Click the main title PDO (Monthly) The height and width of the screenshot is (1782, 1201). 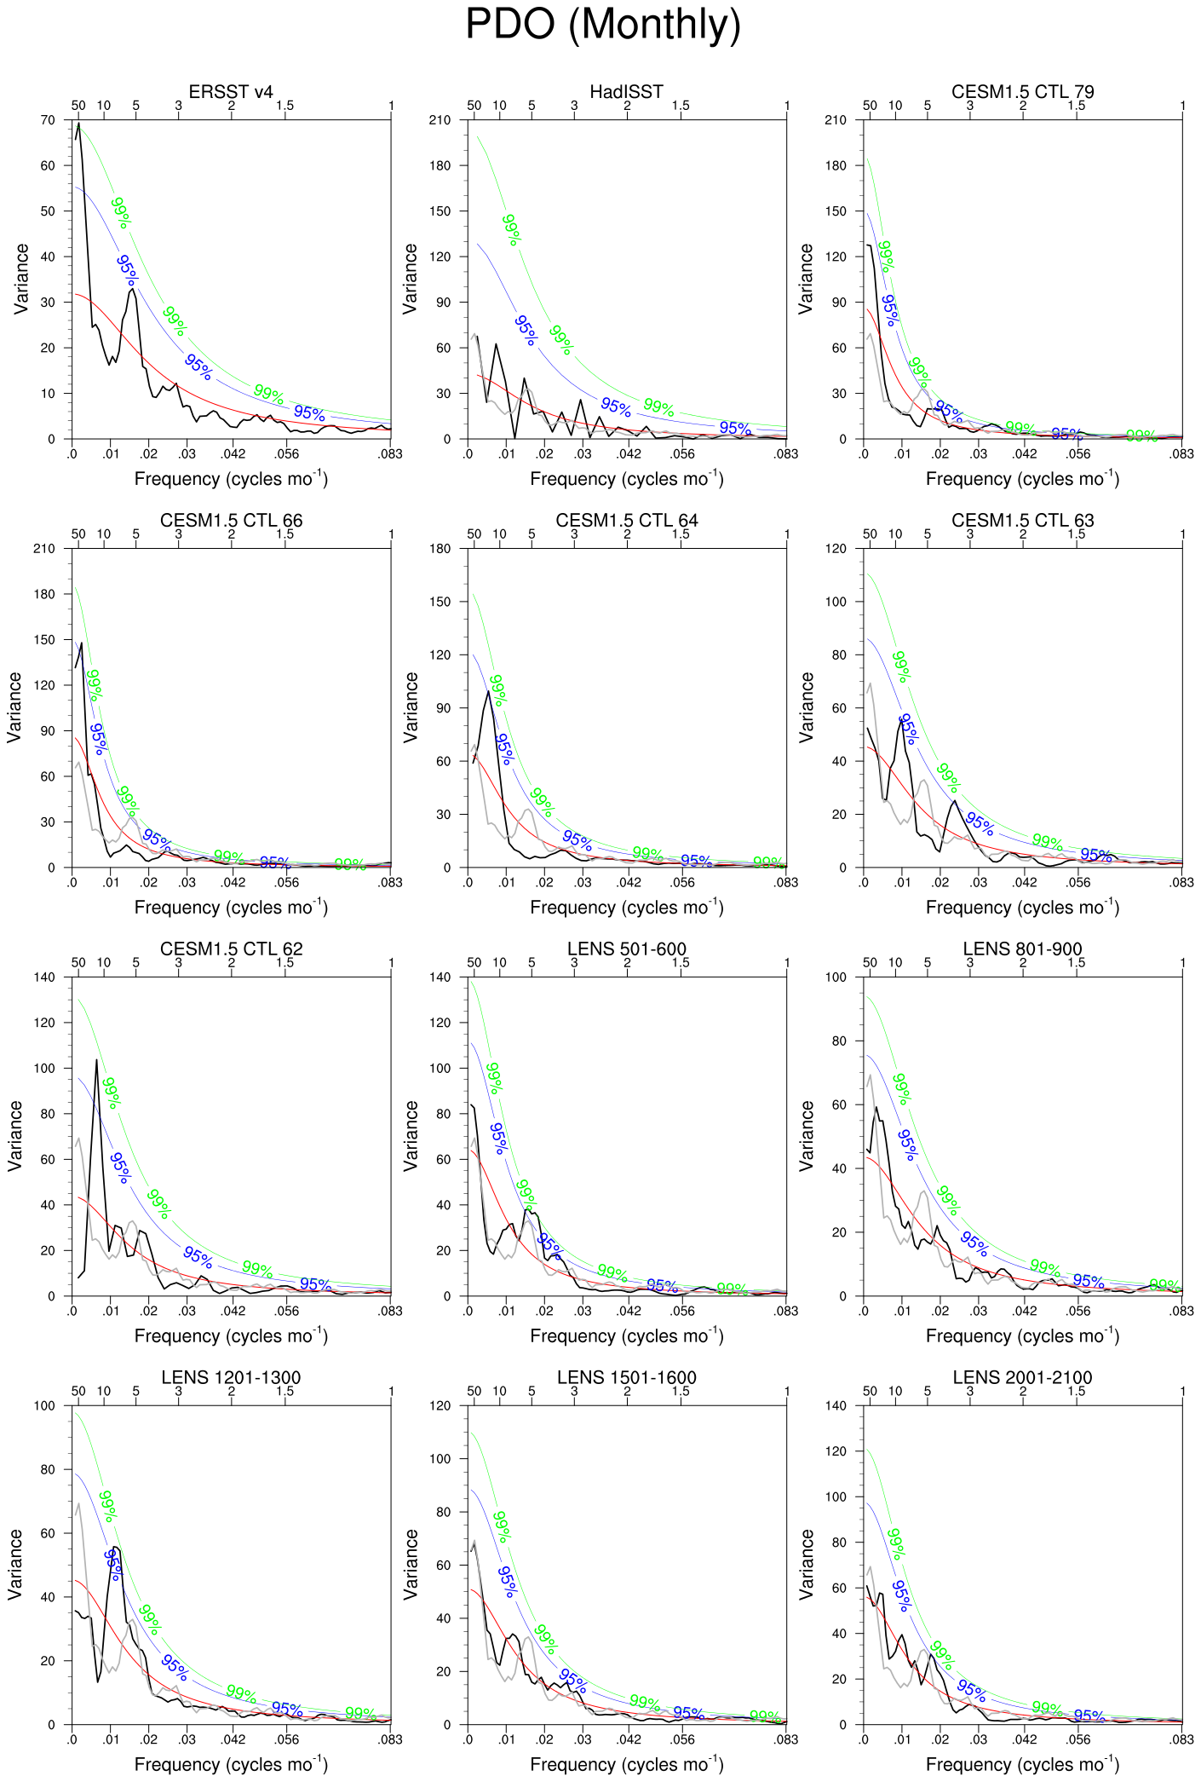click(x=602, y=25)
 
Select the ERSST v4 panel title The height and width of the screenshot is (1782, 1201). click(x=231, y=92)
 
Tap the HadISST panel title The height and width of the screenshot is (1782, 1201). click(x=626, y=92)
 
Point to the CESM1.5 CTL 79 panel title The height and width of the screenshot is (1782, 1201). click(x=1022, y=92)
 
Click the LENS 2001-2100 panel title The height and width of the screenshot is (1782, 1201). click(x=1022, y=1377)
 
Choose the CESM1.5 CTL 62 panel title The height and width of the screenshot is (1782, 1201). click(x=231, y=949)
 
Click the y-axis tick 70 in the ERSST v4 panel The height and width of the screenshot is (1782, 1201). click(x=48, y=120)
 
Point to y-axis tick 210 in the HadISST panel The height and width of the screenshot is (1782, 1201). click(x=440, y=120)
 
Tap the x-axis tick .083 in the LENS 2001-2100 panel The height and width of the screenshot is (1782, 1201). click(x=1181, y=1739)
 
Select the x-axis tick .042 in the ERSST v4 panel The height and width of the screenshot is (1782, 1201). click(x=233, y=454)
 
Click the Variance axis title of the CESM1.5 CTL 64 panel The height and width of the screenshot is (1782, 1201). click(x=411, y=707)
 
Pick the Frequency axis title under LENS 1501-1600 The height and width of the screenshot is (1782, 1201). click(x=626, y=1764)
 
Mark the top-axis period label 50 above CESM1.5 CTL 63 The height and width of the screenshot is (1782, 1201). click(x=870, y=534)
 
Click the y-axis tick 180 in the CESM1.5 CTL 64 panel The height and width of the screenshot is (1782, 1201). click(x=440, y=549)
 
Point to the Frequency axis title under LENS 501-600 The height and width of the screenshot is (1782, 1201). click(x=626, y=1335)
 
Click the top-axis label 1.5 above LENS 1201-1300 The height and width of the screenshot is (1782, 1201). click(x=284, y=1392)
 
